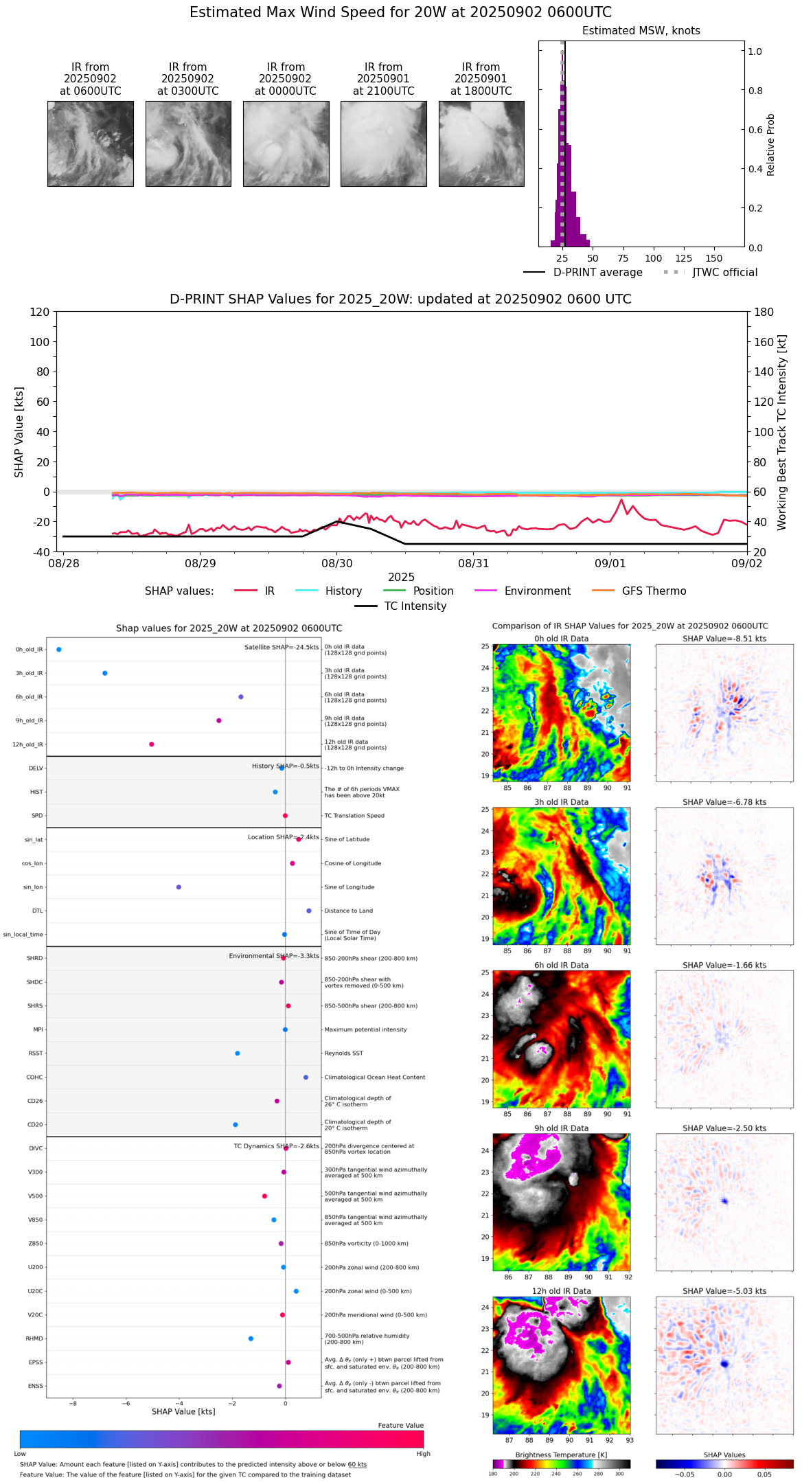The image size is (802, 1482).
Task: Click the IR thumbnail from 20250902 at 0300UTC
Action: coord(188,144)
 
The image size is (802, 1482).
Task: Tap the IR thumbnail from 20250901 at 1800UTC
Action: coord(481,144)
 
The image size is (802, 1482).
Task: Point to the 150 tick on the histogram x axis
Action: coord(714,258)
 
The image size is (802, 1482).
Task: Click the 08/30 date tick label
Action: coord(336,563)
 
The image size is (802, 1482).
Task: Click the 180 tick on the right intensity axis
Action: coord(764,312)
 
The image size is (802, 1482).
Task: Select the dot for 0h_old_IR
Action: coord(59,649)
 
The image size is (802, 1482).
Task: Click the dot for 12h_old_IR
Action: coord(152,744)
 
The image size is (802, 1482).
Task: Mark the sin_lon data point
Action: coord(179,887)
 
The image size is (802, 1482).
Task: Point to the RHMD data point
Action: coord(251,1338)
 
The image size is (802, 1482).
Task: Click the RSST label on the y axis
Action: coord(36,1053)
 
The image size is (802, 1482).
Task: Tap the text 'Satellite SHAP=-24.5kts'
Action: coord(282,647)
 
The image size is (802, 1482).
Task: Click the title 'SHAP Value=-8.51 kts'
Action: coord(724,639)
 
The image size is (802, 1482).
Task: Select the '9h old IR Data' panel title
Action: coord(561,1128)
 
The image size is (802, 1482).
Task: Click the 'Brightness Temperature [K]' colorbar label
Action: coord(561,1455)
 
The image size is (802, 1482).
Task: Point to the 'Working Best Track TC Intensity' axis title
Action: coord(782,433)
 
